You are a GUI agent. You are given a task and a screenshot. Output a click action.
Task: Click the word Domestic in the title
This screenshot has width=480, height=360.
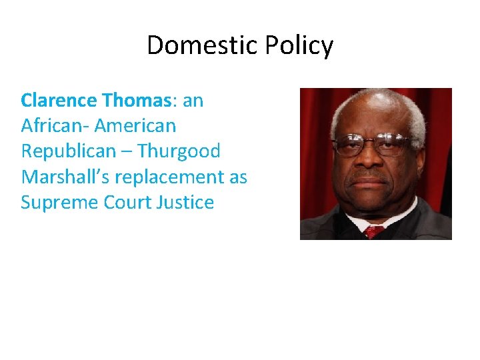point(202,46)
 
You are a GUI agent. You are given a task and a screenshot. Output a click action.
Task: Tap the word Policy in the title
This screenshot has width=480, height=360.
point(299,46)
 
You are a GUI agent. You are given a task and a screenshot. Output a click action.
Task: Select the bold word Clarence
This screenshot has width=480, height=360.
point(59,101)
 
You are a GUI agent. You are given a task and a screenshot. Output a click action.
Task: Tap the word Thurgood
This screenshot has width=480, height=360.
point(180,151)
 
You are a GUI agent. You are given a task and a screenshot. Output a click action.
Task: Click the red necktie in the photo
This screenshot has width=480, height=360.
point(374,231)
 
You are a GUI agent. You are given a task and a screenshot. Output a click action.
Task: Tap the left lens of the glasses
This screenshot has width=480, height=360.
point(350,145)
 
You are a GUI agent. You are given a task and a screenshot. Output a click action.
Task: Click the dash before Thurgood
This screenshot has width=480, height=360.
point(129,152)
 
